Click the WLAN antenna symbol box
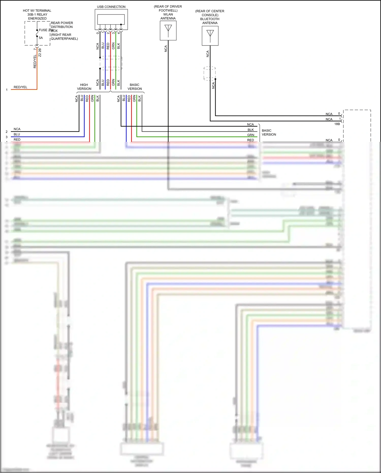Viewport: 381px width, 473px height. [168, 30]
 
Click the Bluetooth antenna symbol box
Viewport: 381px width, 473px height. [210, 36]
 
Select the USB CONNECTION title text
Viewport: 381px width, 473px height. [111, 7]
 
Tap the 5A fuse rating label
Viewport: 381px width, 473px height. [41, 38]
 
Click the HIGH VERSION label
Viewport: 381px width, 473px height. [84, 87]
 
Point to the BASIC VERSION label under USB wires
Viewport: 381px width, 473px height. [135, 87]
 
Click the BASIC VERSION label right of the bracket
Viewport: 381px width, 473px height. [269, 132]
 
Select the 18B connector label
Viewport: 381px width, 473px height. [337, 124]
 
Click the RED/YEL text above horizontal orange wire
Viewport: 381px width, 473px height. [20, 87]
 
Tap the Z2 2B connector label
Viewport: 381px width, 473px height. [40, 53]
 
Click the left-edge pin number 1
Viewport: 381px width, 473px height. [7, 90]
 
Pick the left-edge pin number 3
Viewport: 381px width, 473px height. [7, 137]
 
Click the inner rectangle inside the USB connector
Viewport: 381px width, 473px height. [111, 19]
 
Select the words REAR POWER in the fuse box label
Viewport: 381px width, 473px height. [62, 23]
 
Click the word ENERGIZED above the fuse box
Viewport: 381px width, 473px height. [37, 19]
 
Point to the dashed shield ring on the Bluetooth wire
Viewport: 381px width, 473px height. [210, 73]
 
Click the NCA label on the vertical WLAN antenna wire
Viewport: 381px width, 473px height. [166, 49]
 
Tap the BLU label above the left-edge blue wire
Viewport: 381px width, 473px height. [17, 134]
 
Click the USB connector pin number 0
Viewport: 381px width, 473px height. [98, 33]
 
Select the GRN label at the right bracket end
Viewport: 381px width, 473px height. [251, 135]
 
